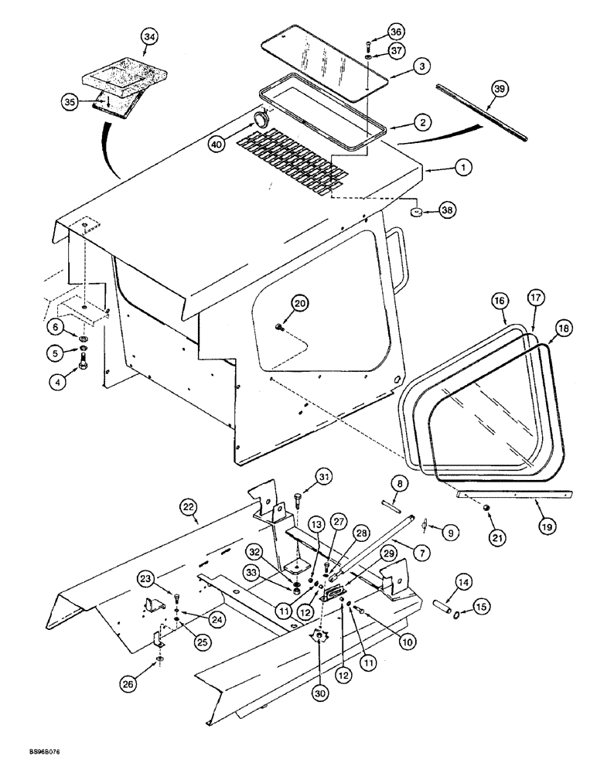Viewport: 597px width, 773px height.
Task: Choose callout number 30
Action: pyautogui.click(x=319, y=693)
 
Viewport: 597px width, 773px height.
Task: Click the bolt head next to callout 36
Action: pyautogui.click(x=368, y=43)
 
